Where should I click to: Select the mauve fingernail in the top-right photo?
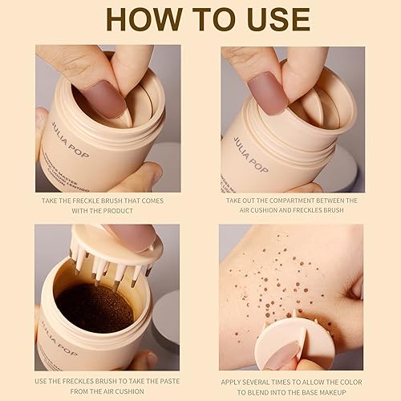(267, 95)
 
